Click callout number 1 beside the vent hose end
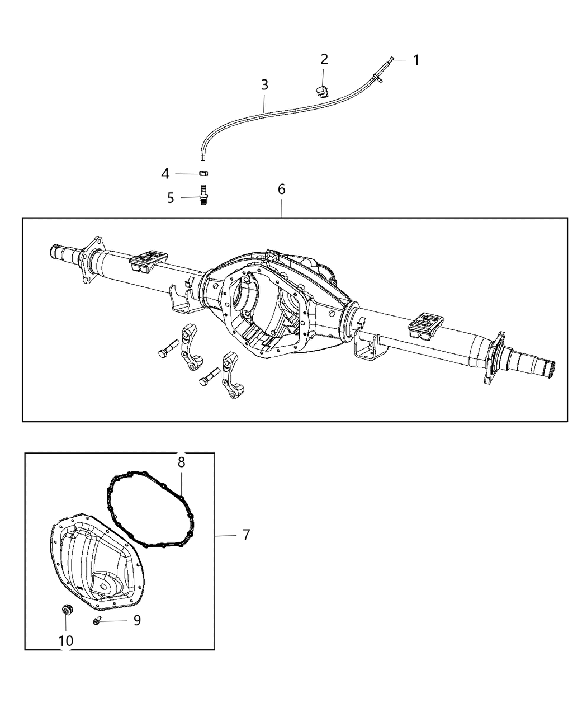(x=415, y=60)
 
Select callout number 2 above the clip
(x=324, y=59)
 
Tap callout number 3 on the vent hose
(x=264, y=85)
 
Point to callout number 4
(x=165, y=174)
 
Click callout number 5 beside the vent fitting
(x=171, y=198)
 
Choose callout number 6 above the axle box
(x=281, y=190)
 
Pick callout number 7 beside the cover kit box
(x=246, y=535)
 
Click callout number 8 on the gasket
(x=181, y=462)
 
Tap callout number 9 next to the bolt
(x=136, y=620)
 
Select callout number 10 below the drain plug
(x=66, y=641)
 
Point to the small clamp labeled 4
(x=204, y=174)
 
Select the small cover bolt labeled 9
(x=97, y=621)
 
